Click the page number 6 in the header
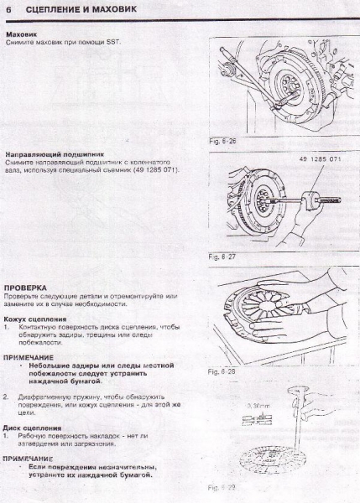coord(8,9)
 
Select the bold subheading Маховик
coord(21,34)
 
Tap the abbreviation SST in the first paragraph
coord(115,42)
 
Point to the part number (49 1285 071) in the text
coord(153,170)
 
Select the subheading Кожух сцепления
coord(33,319)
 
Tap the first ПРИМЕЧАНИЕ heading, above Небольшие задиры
coord(31,356)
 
